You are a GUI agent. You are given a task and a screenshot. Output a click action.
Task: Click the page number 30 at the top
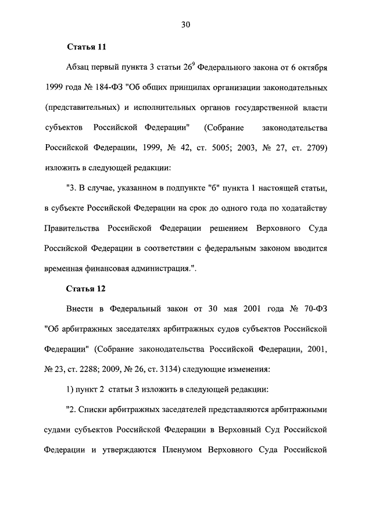point(186,24)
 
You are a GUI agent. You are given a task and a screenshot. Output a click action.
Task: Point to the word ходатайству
point(304,208)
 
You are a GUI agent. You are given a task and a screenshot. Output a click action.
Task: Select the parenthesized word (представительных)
point(86,108)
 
